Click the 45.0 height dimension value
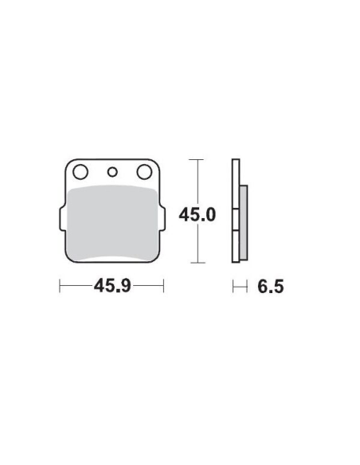click(x=198, y=215)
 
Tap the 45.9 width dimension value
click(x=112, y=286)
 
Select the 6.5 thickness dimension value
click(x=271, y=287)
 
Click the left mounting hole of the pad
click(x=80, y=172)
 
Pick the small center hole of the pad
click(x=112, y=172)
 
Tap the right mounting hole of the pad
click(x=144, y=172)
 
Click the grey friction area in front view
click(x=112, y=222)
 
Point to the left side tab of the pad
click(x=62, y=218)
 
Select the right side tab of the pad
click(x=162, y=218)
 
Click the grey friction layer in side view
click(x=244, y=222)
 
